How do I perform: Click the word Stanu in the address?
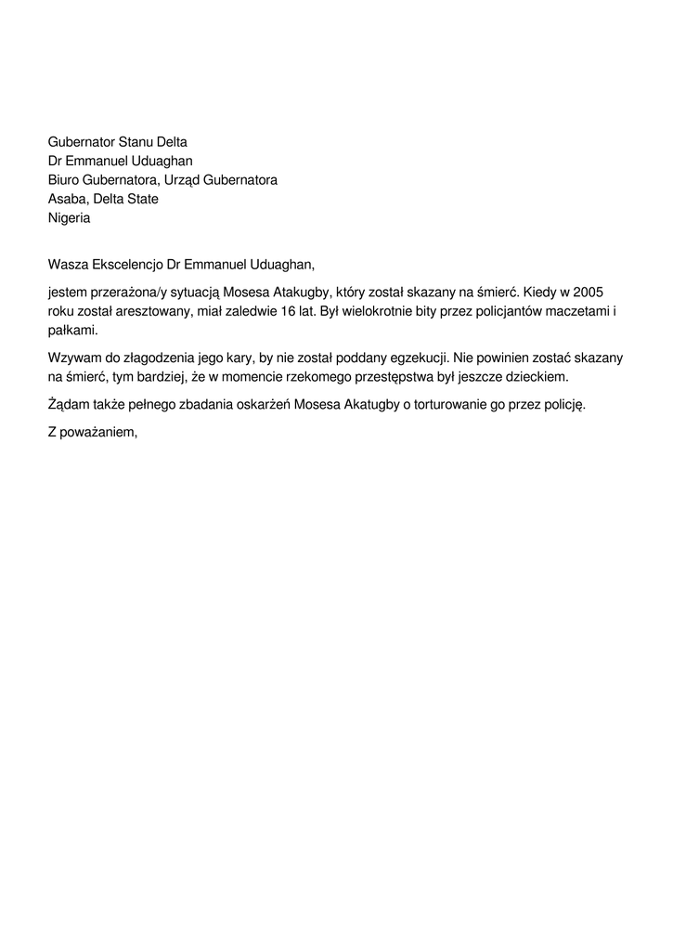click(136, 142)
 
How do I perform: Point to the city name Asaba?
click(66, 199)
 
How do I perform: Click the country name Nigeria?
click(69, 218)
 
